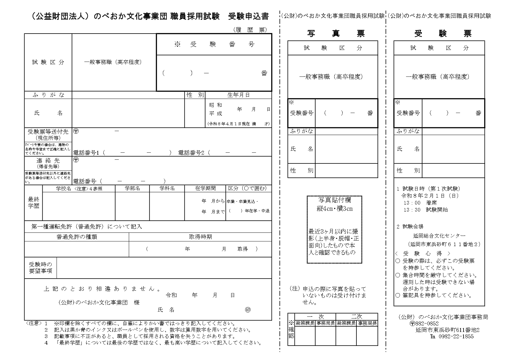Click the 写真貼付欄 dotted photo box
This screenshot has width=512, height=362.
tap(334, 229)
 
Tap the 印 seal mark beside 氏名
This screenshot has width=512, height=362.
tap(248, 310)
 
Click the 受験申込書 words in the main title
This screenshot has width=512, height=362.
tap(248, 16)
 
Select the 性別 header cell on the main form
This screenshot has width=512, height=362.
tap(195, 95)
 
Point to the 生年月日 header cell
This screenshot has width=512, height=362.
tap(238, 95)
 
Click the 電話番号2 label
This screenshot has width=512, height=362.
tap(191, 153)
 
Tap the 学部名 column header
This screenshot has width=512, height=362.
tap(132, 189)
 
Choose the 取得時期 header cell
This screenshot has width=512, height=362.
tap(200, 237)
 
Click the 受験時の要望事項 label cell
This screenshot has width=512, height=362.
tap(41, 268)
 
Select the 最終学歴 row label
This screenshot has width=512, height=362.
tap(34, 203)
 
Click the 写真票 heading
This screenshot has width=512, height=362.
tap(336, 34)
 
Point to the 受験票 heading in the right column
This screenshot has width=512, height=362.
tap(443, 34)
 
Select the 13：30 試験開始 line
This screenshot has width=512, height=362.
tap(426, 210)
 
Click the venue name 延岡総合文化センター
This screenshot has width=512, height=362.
tap(439, 235)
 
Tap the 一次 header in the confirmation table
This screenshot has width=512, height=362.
tap(315, 316)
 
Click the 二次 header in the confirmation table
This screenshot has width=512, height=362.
tap(356, 316)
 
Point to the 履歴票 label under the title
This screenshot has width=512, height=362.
tap(250, 30)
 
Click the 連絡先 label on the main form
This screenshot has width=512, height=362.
tap(48, 161)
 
